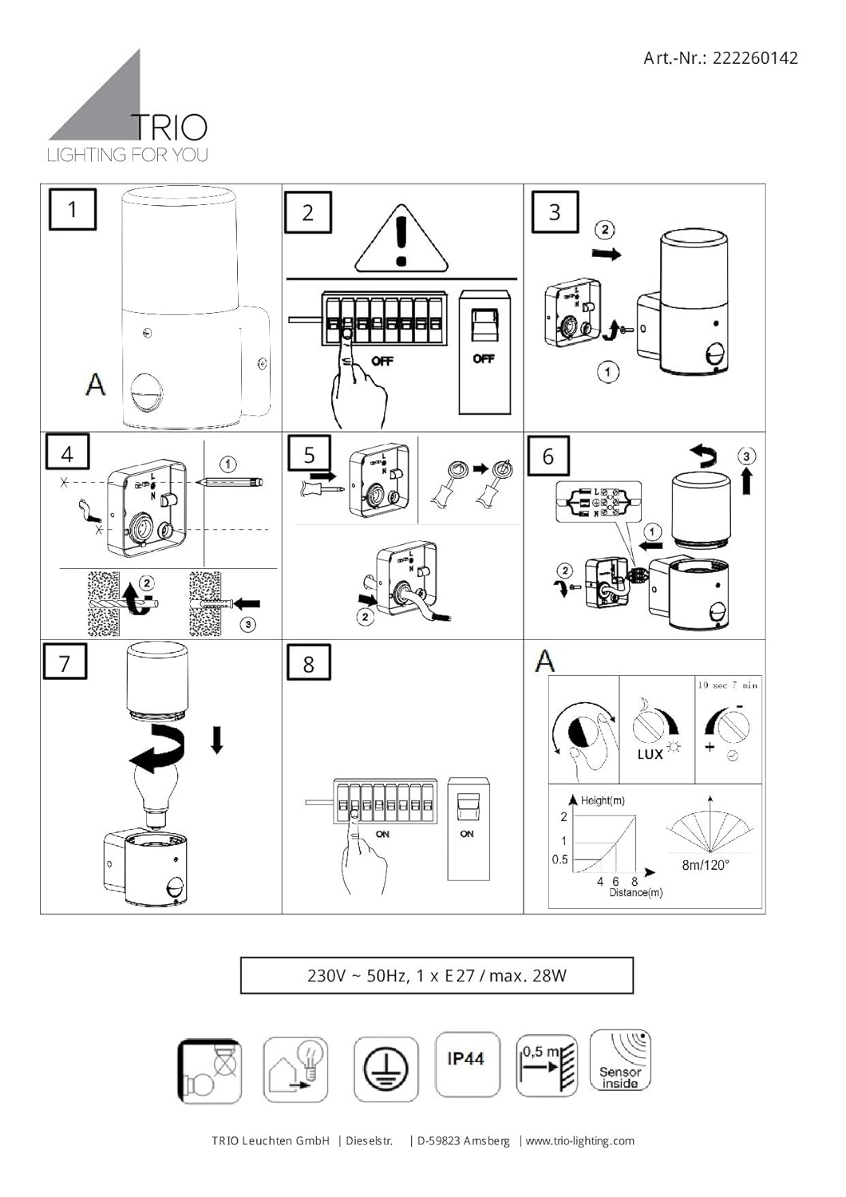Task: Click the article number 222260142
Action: [x=753, y=57]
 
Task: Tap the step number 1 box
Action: [x=73, y=210]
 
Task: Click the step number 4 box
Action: [x=67, y=454]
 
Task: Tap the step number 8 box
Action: [x=309, y=664]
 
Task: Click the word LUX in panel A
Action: [x=650, y=754]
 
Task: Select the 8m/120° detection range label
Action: [x=706, y=865]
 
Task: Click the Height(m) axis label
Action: [x=603, y=800]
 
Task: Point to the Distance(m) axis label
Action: [x=636, y=893]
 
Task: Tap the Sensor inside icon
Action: [x=620, y=1061]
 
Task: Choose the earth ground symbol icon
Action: [x=385, y=1069]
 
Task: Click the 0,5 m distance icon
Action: [x=547, y=1066]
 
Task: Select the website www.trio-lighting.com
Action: [x=580, y=1140]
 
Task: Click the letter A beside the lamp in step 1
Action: [x=95, y=384]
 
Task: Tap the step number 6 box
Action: [x=548, y=456]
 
